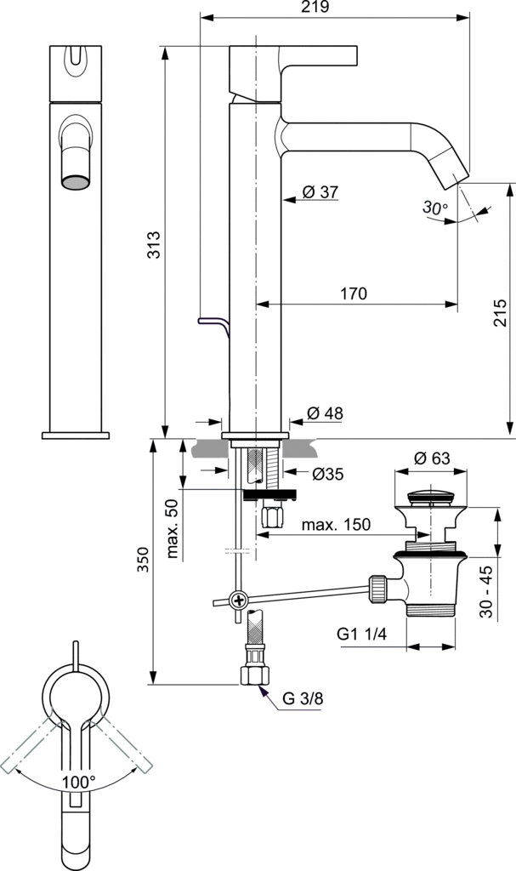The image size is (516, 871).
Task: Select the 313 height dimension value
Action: pyautogui.click(x=154, y=247)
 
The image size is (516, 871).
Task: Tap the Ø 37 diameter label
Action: pyautogui.click(x=320, y=192)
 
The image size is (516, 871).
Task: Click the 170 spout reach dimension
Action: pyautogui.click(x=353, y=294)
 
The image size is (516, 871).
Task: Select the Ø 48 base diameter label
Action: pyautogui.click(x=324, y=413)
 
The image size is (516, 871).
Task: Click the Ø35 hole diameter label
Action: pyautogui.click(x=326, y=475)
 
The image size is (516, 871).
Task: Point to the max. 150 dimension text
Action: pyautogui.click(x=336, y=525)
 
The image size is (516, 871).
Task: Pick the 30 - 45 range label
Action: pyautogui.click(x=485, y=587)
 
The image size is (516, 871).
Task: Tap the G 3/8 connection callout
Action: pyautogui.click(x=303, y=699)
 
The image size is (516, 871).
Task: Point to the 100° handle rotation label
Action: pyautogui.click(x=78, y=780)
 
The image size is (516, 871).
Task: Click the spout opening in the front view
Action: pyautogui.click(x=76, y=180)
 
